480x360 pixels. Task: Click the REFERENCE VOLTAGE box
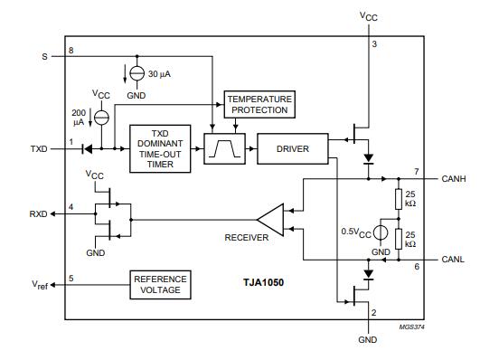click(161, 285)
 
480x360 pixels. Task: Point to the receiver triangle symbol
click(270, 218)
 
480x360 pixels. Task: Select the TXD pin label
click(39, 148)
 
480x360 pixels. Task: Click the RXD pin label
click(38, 214)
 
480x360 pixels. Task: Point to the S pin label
click(43, 56)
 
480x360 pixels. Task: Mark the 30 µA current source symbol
click(136, 73)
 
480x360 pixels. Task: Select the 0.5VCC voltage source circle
click(381, 232)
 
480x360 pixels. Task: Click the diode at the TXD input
click(87, 147)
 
